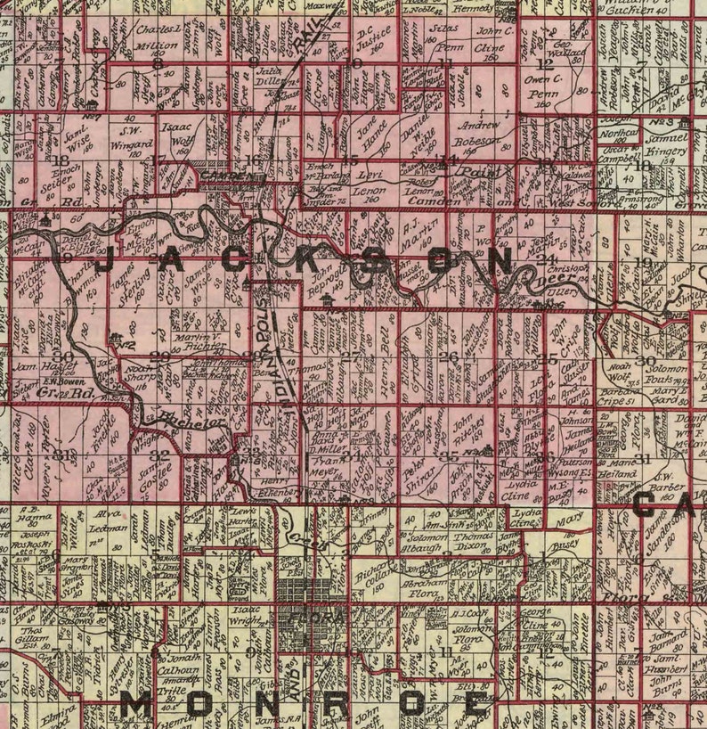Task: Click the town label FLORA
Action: (302, 615)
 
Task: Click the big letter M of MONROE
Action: (137, 707)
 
